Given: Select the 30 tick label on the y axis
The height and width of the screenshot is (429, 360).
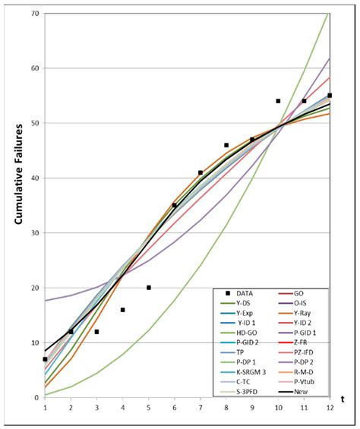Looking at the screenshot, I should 33,233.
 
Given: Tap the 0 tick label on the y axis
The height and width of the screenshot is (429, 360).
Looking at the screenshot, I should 36,398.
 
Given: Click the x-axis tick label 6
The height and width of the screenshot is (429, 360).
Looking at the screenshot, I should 175,408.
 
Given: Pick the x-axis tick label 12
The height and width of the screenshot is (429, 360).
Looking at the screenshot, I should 329,408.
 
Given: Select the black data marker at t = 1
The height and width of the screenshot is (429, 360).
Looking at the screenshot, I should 46,359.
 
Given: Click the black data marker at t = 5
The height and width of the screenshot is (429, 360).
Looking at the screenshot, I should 149,288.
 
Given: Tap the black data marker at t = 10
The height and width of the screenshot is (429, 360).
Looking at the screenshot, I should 278,101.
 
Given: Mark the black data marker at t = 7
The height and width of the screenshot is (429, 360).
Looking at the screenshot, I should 201,172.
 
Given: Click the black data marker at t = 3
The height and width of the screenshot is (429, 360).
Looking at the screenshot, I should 97,332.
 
